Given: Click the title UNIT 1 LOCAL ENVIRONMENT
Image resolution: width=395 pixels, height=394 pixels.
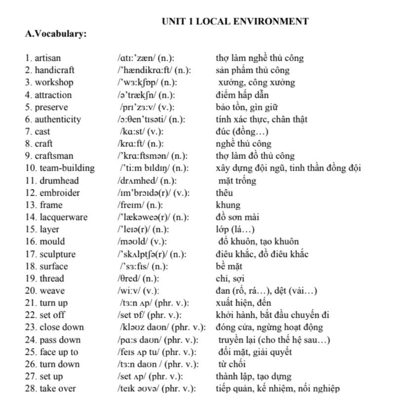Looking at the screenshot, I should tap(235, 21).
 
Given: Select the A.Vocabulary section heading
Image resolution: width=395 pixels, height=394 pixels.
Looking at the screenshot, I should tap(56, 34).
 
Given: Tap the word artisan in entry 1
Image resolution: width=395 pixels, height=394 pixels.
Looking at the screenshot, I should tap(48, 58).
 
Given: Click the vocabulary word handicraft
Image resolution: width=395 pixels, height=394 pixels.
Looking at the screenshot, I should tap(54, 70).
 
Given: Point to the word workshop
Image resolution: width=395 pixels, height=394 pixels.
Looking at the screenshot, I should tap(54, 83).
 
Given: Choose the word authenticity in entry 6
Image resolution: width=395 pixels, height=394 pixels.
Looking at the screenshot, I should tap(58, 119).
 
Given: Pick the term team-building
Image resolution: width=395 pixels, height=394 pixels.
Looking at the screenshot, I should tap(67, 168).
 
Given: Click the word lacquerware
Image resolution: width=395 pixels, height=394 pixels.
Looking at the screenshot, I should tap(64, 217).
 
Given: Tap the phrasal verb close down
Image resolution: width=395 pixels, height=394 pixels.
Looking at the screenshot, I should tap(62, 327).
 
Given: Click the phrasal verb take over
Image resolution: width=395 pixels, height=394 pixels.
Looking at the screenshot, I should tap(58, 389).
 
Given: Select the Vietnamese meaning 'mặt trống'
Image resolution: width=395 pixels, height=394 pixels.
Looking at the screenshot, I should tap(237, 180).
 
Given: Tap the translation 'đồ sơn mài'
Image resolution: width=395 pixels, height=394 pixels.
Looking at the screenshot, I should tap(237, 217).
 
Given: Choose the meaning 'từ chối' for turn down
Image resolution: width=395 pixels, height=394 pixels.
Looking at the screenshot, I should tap(232, 364).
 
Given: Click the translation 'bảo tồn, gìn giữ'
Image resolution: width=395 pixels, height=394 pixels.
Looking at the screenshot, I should tap(247, 107).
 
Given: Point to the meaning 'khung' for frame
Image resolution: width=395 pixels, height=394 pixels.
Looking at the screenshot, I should tap(228, 205).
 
